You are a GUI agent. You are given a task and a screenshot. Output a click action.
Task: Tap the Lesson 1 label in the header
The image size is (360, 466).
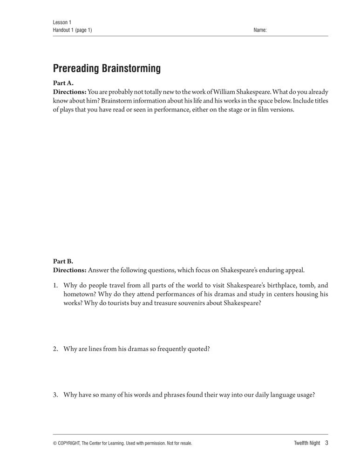62,22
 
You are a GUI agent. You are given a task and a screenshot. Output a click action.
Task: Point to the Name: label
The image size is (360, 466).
260,30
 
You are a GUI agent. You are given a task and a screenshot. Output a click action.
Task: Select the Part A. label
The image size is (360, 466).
63,83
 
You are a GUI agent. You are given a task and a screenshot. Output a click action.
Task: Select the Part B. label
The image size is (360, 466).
63,261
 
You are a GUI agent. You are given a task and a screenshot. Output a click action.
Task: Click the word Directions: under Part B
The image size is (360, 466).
70,270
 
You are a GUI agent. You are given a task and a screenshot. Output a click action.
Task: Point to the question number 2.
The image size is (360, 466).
55,348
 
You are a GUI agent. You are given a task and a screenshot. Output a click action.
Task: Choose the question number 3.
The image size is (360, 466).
55,394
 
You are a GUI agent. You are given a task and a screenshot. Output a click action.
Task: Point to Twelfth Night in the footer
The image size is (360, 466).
304,443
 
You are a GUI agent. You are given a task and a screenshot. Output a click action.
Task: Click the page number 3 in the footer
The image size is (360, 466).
327,443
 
